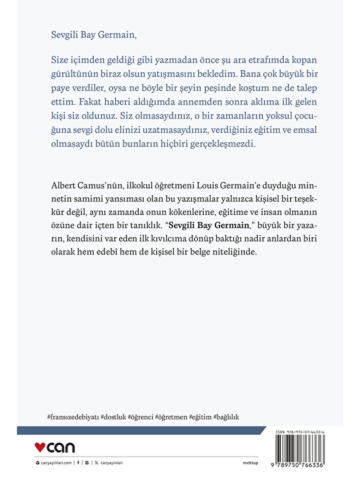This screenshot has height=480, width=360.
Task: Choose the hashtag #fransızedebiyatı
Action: [x=73, y=417]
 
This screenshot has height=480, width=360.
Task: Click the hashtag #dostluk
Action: [x=113, y=417]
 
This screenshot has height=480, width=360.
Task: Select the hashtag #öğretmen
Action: [x=171, y=417]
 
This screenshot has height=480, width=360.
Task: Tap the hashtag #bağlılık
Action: [x=226, y=417]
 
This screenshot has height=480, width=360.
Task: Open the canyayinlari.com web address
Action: [x=56, y=463]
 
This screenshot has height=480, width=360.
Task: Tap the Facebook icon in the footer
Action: [x=78, y=463]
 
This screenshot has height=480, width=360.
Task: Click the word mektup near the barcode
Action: [x=251, y=463]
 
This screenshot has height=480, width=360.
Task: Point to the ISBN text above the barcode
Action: [x=300, y=432]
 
